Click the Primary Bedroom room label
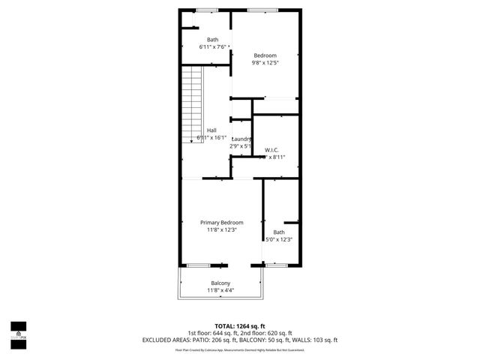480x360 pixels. point(221,223)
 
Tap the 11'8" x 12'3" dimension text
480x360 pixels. point(221,230)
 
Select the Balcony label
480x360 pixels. point(220,283)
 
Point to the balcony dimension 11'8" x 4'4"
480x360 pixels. point(220,290)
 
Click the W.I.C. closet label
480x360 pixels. point(271,150)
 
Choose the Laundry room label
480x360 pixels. point(241,139)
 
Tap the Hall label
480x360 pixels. point(211,130)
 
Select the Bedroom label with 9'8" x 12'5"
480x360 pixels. point(265,55)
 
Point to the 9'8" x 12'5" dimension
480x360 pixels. point(265,63)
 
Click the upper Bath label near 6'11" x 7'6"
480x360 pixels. point(213,39)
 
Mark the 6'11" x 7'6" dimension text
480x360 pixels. point(213,46)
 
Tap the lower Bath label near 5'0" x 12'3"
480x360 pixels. point(279,232)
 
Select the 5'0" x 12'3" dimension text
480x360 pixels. point(279,239)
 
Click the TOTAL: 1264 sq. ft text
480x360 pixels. point(239,326)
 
